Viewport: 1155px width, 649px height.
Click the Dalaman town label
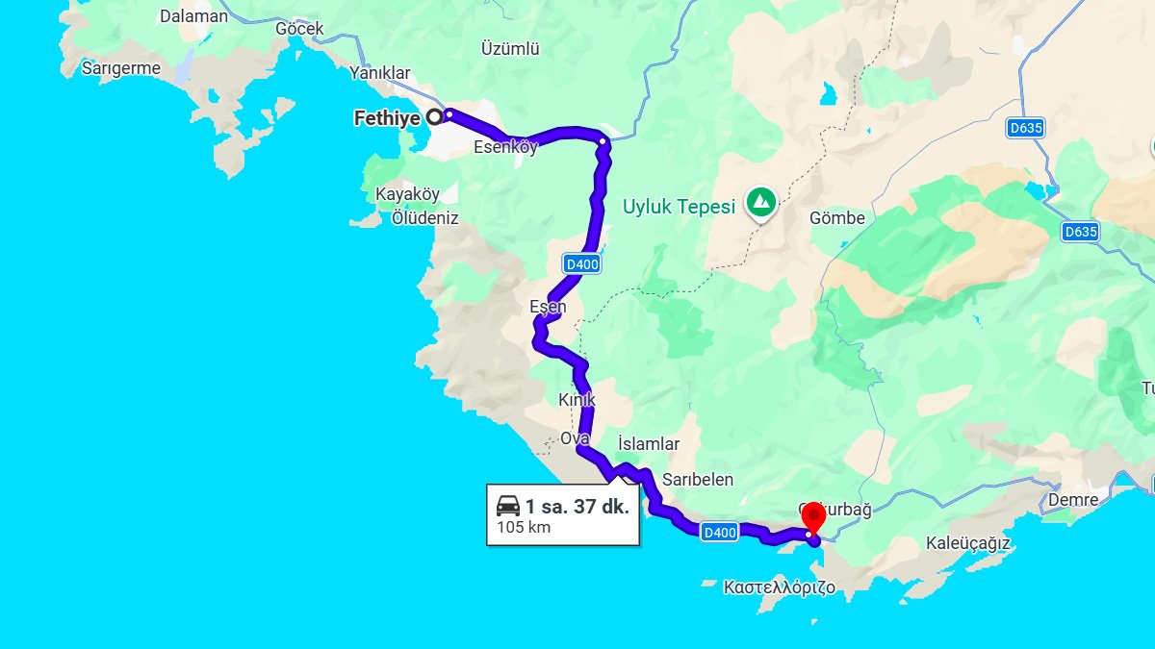(194, 16)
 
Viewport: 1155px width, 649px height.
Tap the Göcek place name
(299, 29)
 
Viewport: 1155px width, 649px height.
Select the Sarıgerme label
(121, 68)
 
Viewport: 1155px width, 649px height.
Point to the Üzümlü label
(510, 49)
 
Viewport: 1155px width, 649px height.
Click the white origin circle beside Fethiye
(434, 117)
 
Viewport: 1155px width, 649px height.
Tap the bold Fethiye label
(388, 119)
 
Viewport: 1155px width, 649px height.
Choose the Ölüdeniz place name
(425, 218)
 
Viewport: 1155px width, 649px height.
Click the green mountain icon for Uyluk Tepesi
(762, 202)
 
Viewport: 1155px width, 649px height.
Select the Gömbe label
(837, 218)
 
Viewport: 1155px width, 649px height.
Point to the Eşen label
(548, 307)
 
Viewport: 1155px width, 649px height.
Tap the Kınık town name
(577, 399)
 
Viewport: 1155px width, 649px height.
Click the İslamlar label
(649, 444)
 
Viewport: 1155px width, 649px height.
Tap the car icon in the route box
(508, 506)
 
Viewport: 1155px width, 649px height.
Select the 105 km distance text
(524, 527)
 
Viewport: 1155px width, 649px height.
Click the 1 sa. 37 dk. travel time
(577, 506)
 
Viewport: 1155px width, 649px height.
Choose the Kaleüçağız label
(967, 543)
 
